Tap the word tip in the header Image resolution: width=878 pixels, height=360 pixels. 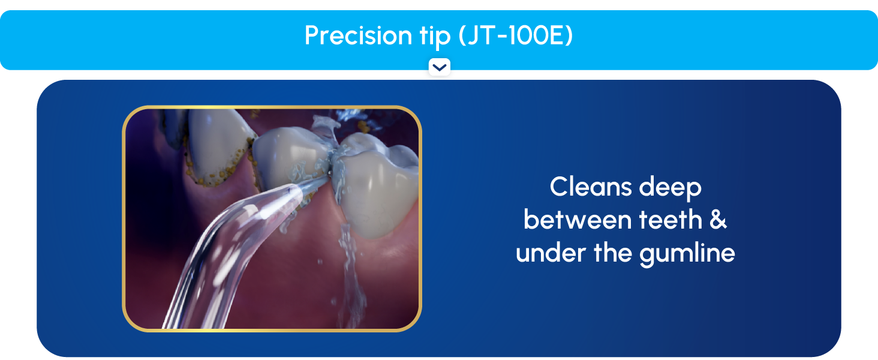[x=431, y=36]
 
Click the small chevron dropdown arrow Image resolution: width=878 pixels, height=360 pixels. [x=440, y=67]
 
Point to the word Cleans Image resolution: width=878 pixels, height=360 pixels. [x=590, y=187]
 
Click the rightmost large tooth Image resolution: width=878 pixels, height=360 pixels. [x=378, y=180]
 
